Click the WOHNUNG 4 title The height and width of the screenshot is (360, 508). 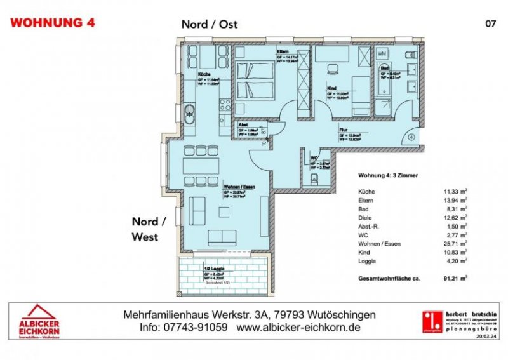(53, 23)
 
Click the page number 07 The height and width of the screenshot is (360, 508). (490, 23)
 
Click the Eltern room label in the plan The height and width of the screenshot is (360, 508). (283, 51)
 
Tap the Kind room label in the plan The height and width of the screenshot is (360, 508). (331, 88)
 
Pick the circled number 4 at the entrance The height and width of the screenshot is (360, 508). (411, 135)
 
